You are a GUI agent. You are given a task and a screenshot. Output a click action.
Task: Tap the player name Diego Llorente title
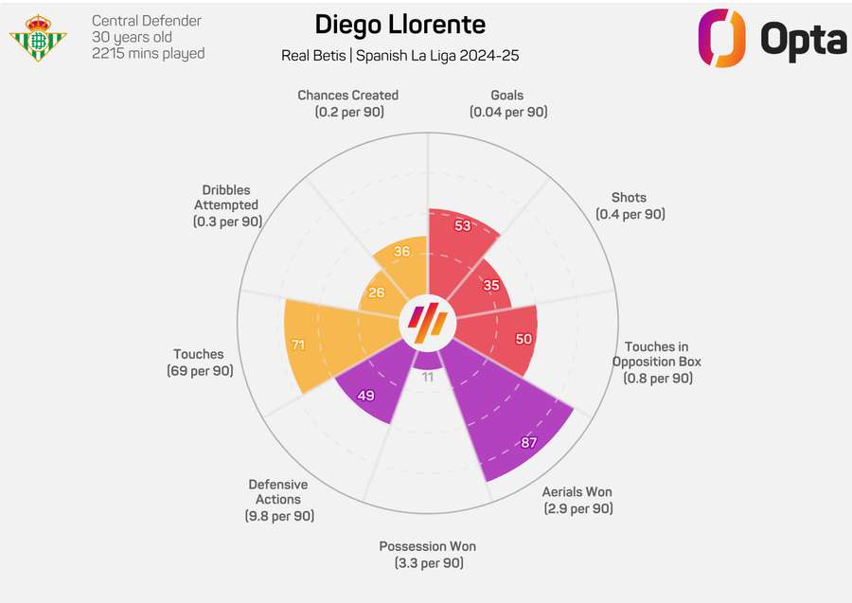(399, 25)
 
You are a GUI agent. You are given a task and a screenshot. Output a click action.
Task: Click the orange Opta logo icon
(722, 38)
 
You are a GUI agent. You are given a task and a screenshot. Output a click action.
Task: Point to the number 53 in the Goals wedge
(462, 225)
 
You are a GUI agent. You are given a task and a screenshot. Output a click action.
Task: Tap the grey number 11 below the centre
(427, 377)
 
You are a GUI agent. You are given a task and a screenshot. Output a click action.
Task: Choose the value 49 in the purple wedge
(365, 396)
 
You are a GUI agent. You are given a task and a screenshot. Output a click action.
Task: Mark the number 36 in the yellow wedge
(402, 252)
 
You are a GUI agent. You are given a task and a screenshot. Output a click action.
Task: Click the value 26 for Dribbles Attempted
(377, 293)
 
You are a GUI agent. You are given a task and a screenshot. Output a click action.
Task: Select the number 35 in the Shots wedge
(490, 285)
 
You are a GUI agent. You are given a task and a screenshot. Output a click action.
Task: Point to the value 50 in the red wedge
(523, 339)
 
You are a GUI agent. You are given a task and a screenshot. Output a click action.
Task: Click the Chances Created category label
(347, 103)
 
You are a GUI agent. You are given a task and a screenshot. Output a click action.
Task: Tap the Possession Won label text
(428, 555)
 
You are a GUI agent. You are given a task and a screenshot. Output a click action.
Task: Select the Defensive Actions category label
(278, 500)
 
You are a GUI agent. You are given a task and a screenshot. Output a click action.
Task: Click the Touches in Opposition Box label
(657, 362)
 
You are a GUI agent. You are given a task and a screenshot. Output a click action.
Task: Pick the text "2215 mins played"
(149, 53)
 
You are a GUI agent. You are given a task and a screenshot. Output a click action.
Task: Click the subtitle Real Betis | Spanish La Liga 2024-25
(399, 56)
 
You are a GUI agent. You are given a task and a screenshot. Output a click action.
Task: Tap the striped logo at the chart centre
(426, 324)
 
